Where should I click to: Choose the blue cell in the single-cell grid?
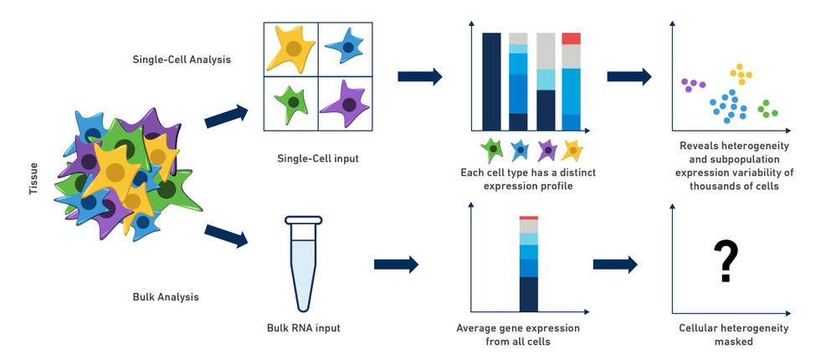(x=345, y=47)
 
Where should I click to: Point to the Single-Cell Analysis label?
(x=182, y=59)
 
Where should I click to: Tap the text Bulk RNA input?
(x=304, y=327)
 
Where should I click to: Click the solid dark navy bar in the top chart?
(x=492, y=81)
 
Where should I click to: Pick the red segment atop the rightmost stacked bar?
(x=571, y=39)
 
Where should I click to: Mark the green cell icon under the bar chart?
(x=494, y=150)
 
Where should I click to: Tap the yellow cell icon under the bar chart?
(x=572, y=150)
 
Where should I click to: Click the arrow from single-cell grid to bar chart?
(x=420, y=77)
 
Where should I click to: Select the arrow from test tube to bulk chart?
(x=396, y=265)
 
